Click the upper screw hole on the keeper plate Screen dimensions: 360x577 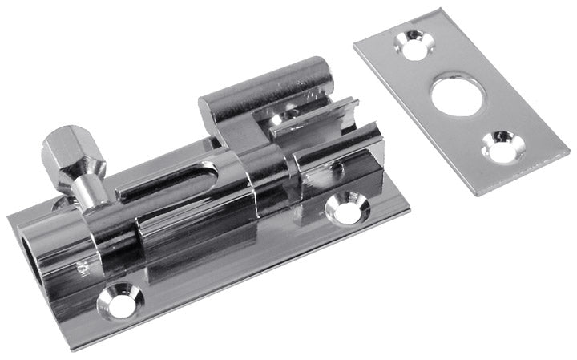tap(414, 46)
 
